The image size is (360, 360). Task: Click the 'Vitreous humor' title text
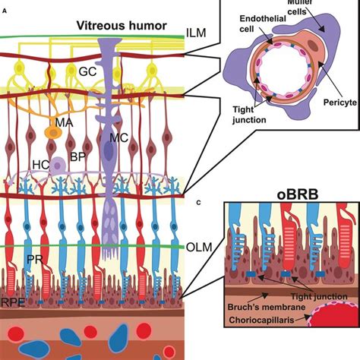[x=122, y=25]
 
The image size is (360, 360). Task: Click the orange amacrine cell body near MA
[x=52, y=131]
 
